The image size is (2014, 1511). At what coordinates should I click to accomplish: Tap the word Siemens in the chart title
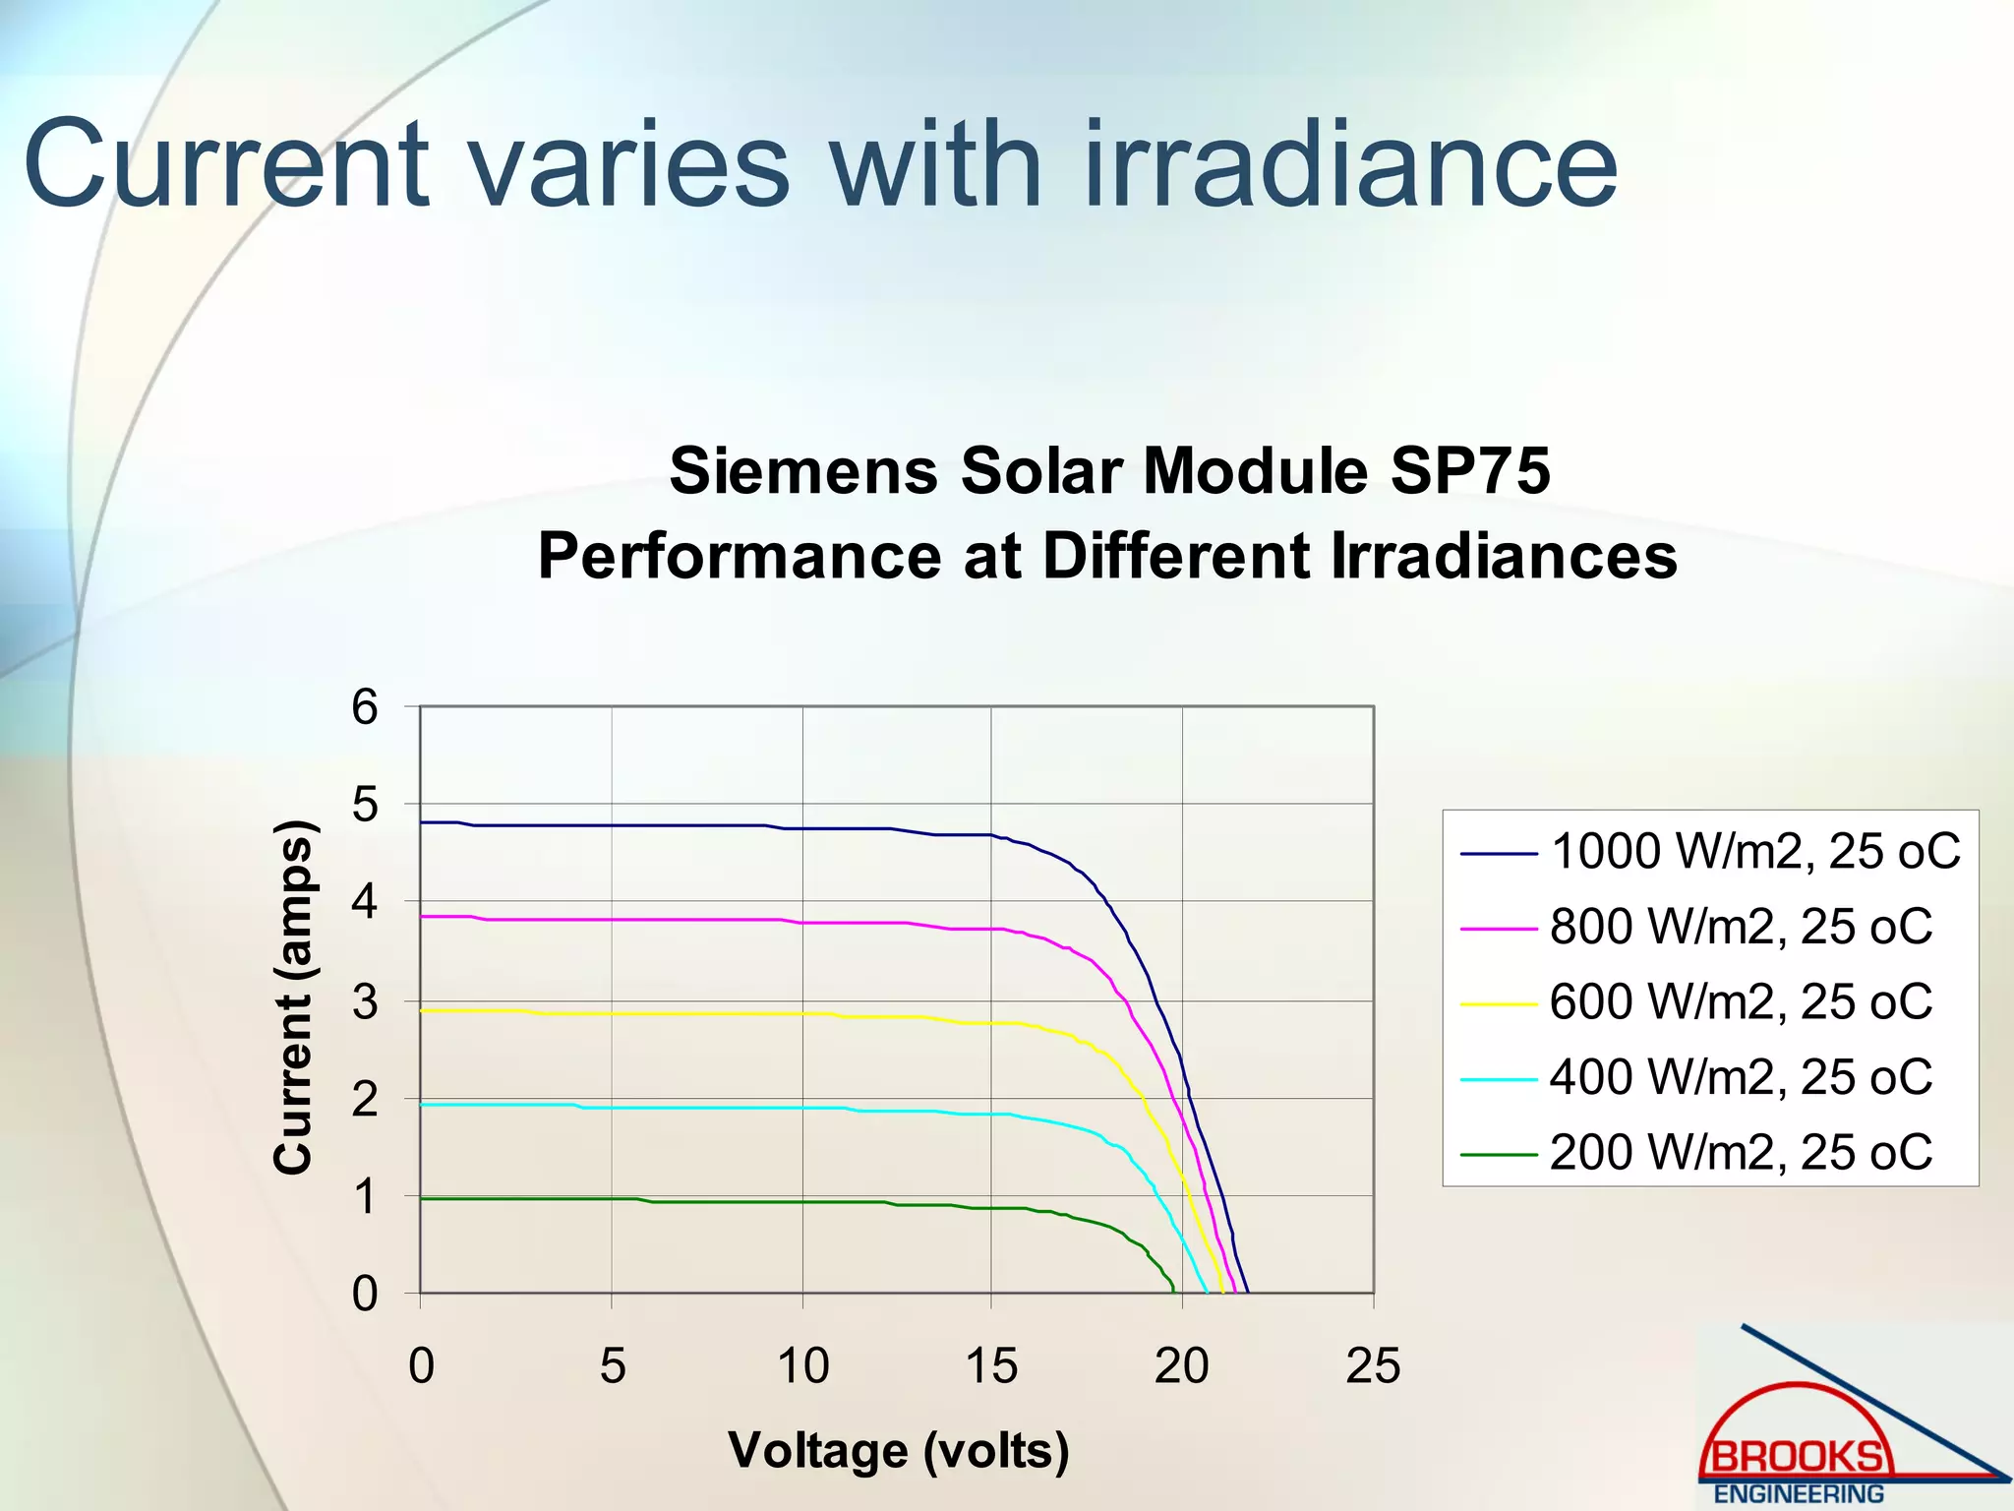tap(803, 470)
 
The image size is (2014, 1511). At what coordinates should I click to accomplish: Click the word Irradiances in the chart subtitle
tap(1504, 556)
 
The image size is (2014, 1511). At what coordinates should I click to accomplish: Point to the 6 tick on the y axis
tap(365, 707)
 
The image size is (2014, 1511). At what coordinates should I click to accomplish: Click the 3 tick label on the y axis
tap(365, 1002)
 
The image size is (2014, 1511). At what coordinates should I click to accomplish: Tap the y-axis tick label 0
tap(365, 1294)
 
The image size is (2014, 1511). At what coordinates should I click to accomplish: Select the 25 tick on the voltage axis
tap(1373, 1365)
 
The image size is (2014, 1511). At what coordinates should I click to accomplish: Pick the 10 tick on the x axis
tap(802, 1365)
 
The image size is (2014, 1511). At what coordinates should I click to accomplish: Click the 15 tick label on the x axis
tap(991, 1365)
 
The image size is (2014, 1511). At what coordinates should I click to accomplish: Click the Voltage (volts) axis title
tap(898, 1450)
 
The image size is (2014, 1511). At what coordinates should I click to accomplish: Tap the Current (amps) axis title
tap(292, 997)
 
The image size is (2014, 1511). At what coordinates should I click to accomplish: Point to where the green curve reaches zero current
tap(1173, 1292)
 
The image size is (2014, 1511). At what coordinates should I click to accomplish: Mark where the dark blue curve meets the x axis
tap(1248, 1293)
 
